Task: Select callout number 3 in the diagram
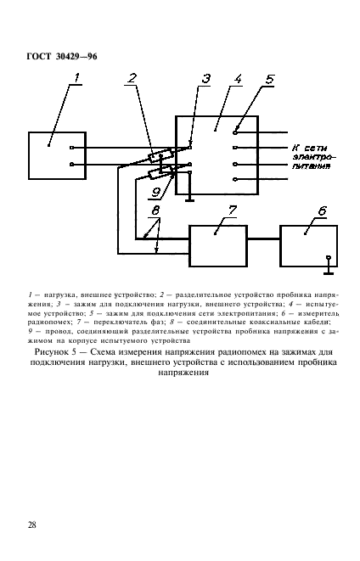coord(205,80)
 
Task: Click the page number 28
coord(31,525)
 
